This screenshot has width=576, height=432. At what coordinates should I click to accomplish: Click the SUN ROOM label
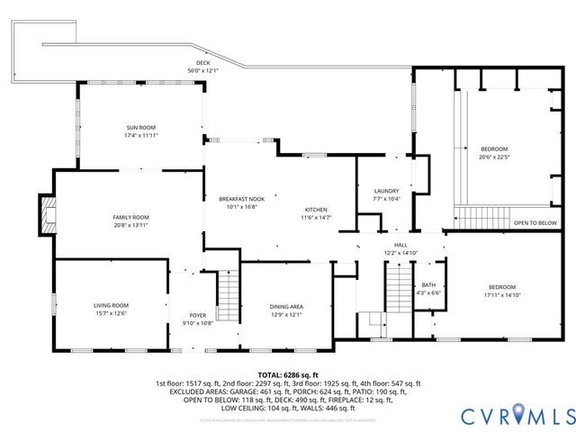pyautogui.click(x=142, y=128)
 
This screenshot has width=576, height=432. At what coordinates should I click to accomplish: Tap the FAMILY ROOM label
pyautogui.click(x=130, y=218)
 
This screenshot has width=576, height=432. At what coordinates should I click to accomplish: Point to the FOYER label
pyautogui.click(x=198, y=315)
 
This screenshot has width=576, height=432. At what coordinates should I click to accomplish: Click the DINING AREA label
pyautogui.click(x=286, y=307)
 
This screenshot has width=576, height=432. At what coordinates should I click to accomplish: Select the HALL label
pyautogui.click(x=400, y=245)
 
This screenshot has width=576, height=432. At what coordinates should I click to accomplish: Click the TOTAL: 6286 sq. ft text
pyautogui.click(x=288, y=374)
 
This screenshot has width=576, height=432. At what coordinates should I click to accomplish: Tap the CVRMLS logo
pyautogui.click(x=517, y=416)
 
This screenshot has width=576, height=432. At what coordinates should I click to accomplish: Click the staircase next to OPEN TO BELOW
pyautogui.click(x=472, y=217)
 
